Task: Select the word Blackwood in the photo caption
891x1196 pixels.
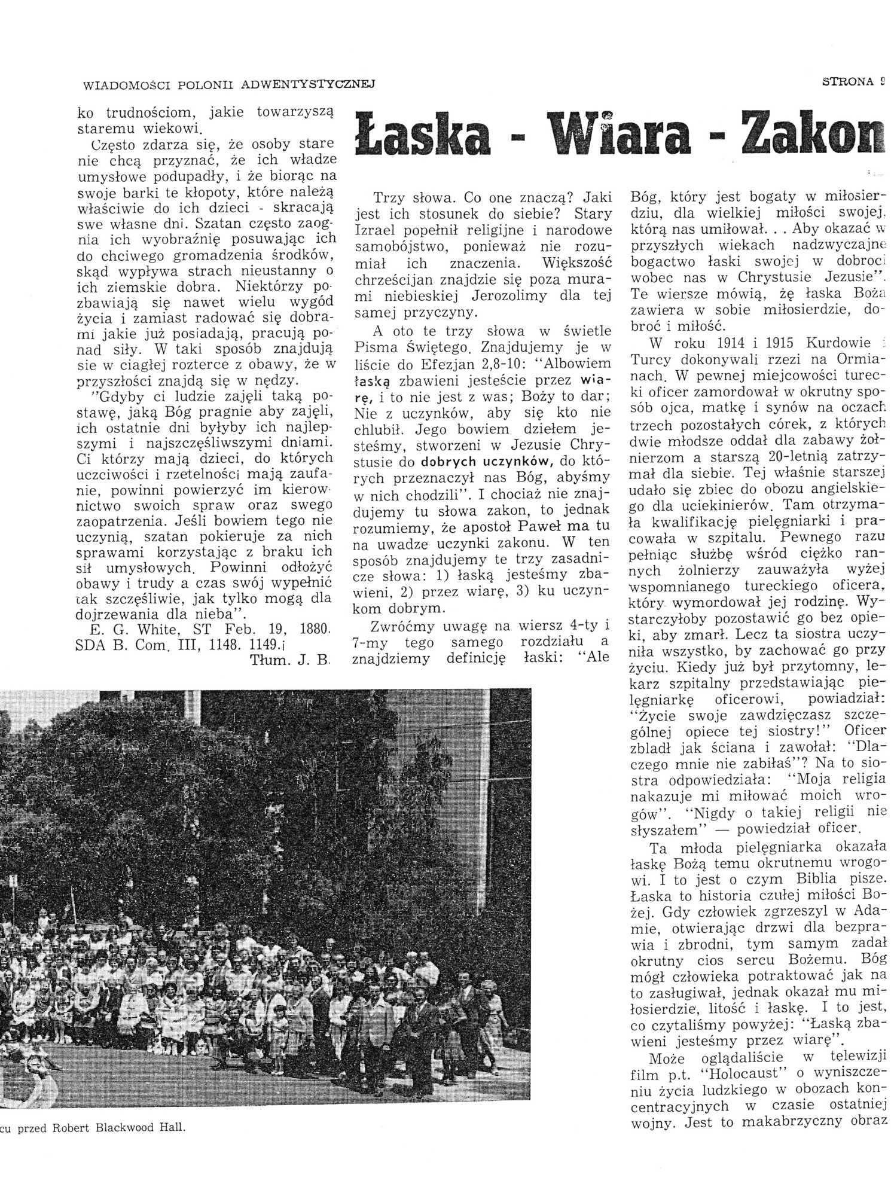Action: (x=128, y=1128)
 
